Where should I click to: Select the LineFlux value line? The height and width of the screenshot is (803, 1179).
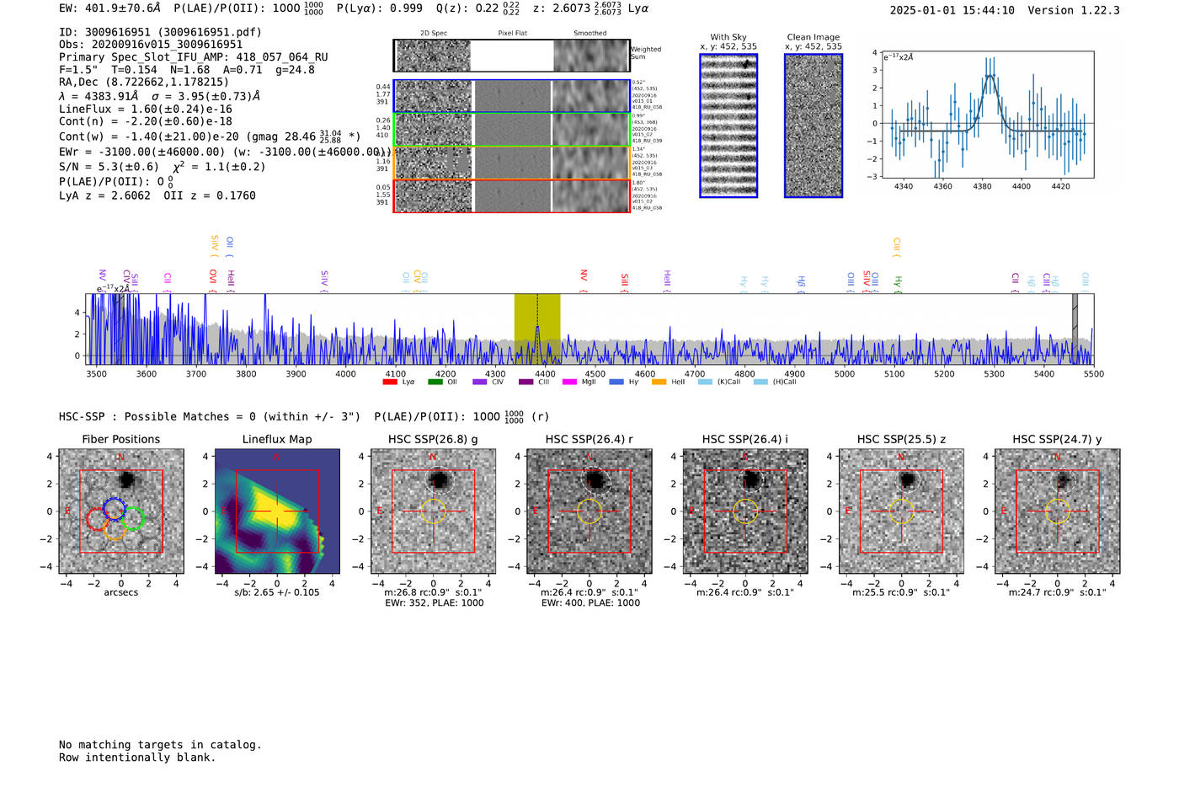coord(145,109)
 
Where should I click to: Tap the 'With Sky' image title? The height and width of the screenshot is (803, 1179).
coord(728,37)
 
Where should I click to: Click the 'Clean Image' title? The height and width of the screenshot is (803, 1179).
coord(813,37)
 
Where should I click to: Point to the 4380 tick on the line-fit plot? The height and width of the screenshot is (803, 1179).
coord(982,186)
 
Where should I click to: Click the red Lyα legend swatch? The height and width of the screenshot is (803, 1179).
coord(390,382)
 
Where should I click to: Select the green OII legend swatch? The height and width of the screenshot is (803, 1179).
coord(435,382)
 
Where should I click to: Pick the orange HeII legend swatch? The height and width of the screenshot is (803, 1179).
coord(659,382)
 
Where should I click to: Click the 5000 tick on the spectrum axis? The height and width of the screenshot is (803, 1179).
coord(844,374)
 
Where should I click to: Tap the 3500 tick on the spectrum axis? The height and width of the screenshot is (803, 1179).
coord(96,374)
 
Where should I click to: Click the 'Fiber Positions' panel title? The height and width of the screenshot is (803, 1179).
coord(120,439)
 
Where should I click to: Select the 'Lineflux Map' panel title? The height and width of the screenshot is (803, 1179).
coord(277,439)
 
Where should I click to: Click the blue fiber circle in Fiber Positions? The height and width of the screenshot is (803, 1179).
coord(115,507)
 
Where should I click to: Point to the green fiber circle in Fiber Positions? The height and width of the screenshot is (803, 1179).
coord(133,518)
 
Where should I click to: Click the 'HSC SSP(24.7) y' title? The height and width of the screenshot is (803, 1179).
coord(1057,439)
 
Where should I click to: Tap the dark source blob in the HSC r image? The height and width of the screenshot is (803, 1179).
coord(595,480)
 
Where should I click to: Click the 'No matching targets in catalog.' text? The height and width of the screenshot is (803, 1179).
coord(160,745)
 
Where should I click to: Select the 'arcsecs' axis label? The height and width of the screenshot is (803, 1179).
coord(120,592)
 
